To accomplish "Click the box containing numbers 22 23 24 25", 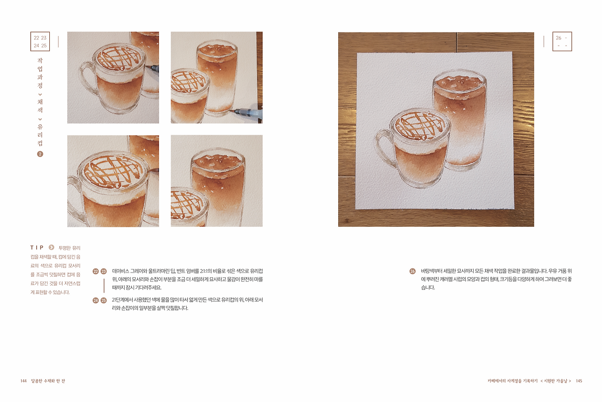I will click(x=40, y=41).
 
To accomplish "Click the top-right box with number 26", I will click(x=562, y=41).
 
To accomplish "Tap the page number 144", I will click(x=24, y=381).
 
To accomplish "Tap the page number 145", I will click(x=579, y=381).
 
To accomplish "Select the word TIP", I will click(x=37, y=247).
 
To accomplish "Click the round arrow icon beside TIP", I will click(x=51, y=247).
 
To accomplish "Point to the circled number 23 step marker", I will click(x=104, y=271).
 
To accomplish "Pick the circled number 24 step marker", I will click(x=96, y=300).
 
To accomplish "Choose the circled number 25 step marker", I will click(x=104, y=300).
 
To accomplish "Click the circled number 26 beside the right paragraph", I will click(x=412, y=271).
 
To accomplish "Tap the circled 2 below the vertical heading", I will click(x=40, y=154).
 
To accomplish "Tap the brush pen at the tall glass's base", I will click(x=247, y=113).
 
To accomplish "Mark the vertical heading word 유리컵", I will click(x=40, y=135).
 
